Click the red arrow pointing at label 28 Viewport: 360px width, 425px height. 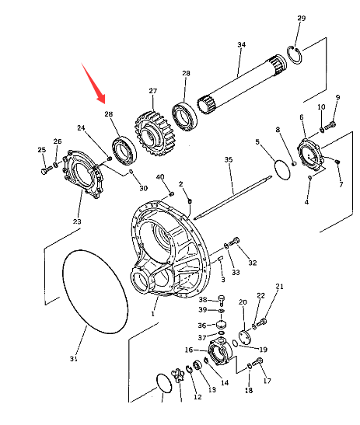click(93, 83)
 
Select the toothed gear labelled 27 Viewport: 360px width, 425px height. click(154, 133)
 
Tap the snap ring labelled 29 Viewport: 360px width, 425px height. click(295, 55)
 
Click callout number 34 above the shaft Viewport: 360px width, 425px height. click(242, 44)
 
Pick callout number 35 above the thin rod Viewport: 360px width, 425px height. click(229, 159)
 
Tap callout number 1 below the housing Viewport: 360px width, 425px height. click(152, 314)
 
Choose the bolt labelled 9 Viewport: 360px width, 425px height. click(330, 125)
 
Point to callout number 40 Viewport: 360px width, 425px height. click(160, 177)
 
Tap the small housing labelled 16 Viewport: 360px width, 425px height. click(220, 350)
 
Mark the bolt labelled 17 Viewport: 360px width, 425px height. click(257, 362)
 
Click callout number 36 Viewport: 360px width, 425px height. click(202, 326)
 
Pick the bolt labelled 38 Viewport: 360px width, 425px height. click(222, 300)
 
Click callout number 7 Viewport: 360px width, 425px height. click(341, 184)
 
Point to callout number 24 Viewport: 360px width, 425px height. click(81, 127)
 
